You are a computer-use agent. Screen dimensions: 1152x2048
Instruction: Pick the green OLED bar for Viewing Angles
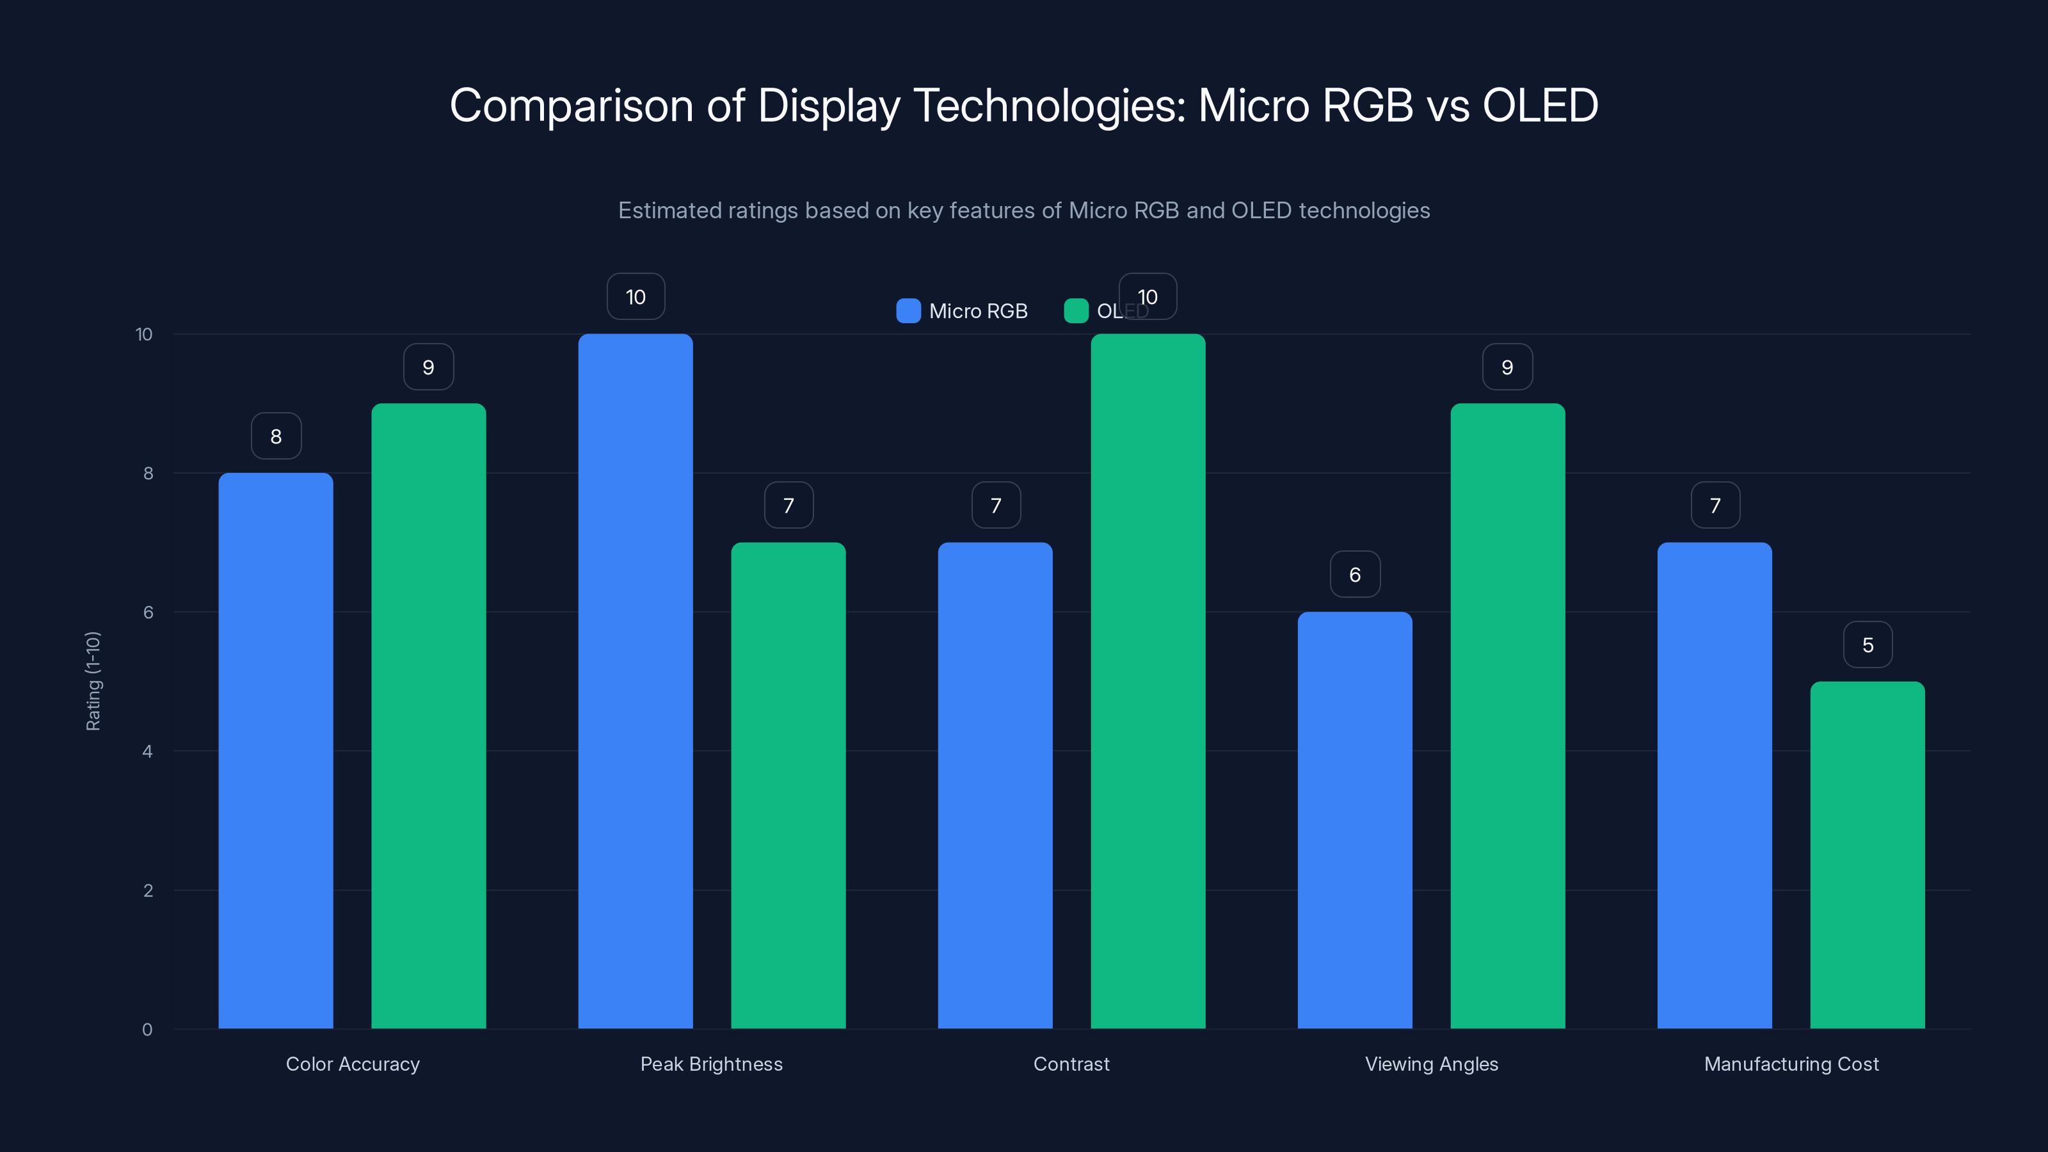tap(1507, 716)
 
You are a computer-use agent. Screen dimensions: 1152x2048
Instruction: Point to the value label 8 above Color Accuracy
tap(276, 436)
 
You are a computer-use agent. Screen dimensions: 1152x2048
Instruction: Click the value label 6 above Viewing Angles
tap(1355, 575)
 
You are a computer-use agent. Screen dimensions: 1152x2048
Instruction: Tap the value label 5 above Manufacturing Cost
tap(1868, 644)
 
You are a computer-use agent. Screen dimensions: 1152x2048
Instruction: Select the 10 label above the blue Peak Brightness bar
tap(636, 298)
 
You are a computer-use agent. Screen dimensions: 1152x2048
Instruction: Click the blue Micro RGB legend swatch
tap(908, 311)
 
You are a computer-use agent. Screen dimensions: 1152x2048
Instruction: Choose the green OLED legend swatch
tap(1076, 311)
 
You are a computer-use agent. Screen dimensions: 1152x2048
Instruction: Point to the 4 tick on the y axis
tap(147, 751)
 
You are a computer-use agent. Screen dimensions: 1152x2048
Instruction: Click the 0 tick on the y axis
tap(147, 1030)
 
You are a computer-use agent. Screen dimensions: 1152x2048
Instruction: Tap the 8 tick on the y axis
tap(148, 473)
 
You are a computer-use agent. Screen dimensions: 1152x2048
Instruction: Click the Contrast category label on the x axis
tap(1071, 1064)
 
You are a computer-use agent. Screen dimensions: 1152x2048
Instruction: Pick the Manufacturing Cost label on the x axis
tap(1791, 1064)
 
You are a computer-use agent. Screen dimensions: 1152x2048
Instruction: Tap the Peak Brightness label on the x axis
tap(712, 1064)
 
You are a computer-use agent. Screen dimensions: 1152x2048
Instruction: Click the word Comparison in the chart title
tap(571, 106)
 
